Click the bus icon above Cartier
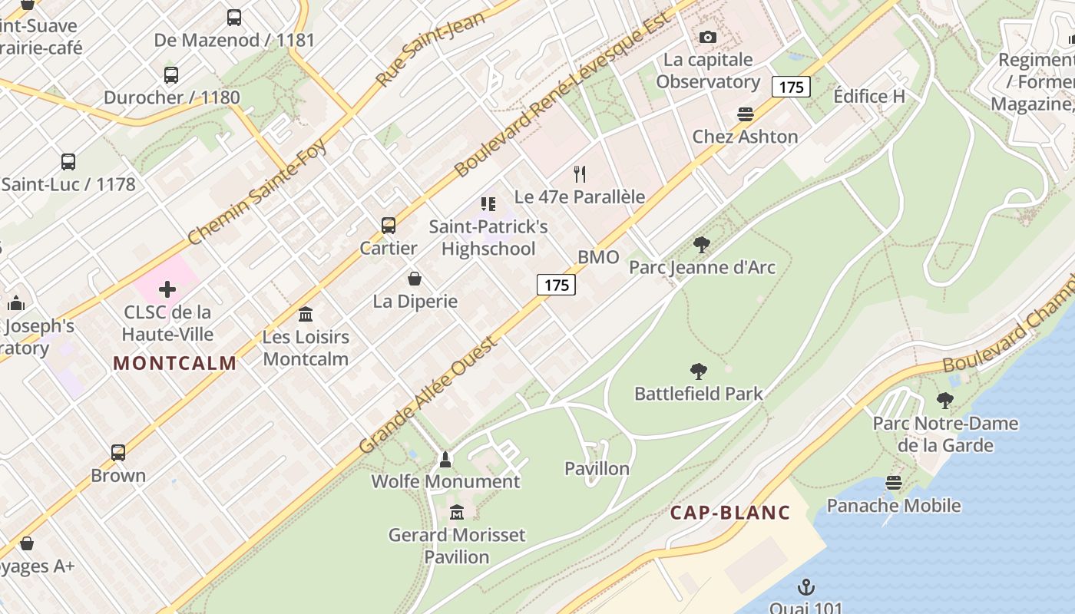(389, 226)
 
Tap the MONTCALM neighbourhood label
(175, 363)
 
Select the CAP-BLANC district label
(730, 513)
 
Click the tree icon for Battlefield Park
(699, 371)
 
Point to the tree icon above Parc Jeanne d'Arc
(701, 245)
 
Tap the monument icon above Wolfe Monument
(445, 459)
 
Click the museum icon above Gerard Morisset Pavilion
(457, 512)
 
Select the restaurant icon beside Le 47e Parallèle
(580, 174)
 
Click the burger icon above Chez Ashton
(745, 114)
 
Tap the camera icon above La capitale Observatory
(707, 37)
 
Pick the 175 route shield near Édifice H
(791, 87)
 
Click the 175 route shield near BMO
(556, 285)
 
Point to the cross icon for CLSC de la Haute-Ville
(167, 289)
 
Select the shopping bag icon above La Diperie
(415, 279)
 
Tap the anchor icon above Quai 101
(805, 588)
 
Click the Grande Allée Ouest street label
(428, 394)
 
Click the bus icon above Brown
(118, 453)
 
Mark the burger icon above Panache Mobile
(893, 483)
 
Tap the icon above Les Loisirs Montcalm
(306, 314)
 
